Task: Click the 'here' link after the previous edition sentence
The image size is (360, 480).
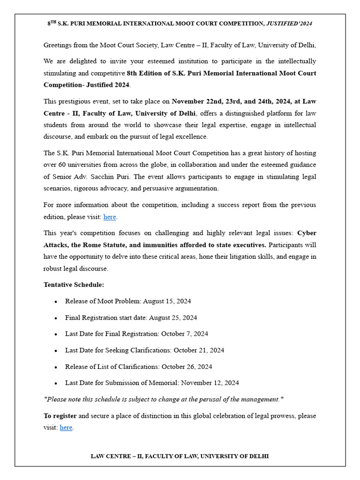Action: [110, 217]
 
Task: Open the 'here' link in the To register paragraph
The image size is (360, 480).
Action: [66, 427]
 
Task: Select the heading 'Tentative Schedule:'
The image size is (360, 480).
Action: [74, 285]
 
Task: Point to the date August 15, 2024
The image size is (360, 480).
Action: [167, 301]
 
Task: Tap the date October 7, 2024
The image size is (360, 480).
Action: [185, 334]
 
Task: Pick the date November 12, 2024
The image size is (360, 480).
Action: [210, 383]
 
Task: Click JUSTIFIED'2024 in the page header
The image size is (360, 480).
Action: [289, 23]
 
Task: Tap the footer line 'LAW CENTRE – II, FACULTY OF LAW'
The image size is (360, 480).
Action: [180, 456]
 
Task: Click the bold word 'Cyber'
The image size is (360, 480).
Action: [307, 233]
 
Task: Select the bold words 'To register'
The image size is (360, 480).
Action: [60, 416]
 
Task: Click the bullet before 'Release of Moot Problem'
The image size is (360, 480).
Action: [56, 302]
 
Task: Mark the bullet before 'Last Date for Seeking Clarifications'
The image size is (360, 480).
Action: [56, 351]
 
